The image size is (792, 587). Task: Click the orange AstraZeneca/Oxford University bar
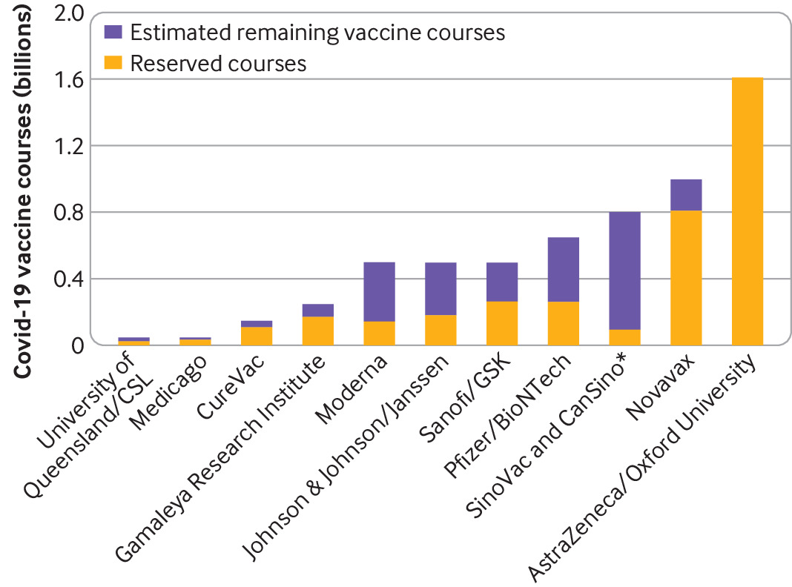(747, 211)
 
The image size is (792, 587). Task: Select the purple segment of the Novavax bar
(686, 194)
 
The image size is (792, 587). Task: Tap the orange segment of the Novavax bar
(686, 277)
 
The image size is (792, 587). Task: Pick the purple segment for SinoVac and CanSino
(624, 271)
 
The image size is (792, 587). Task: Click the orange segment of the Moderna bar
(379, 333)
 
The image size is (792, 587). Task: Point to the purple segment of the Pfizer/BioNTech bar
(563, 269)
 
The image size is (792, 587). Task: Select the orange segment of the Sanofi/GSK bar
(502, 322)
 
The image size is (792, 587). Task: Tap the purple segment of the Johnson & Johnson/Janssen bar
(440, 288)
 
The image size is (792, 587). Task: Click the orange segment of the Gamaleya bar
(318, 330)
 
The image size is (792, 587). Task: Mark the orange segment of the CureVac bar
(257, 335)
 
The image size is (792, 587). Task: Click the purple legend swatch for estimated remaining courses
(114, 33)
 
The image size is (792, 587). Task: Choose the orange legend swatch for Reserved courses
(114, 63)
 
